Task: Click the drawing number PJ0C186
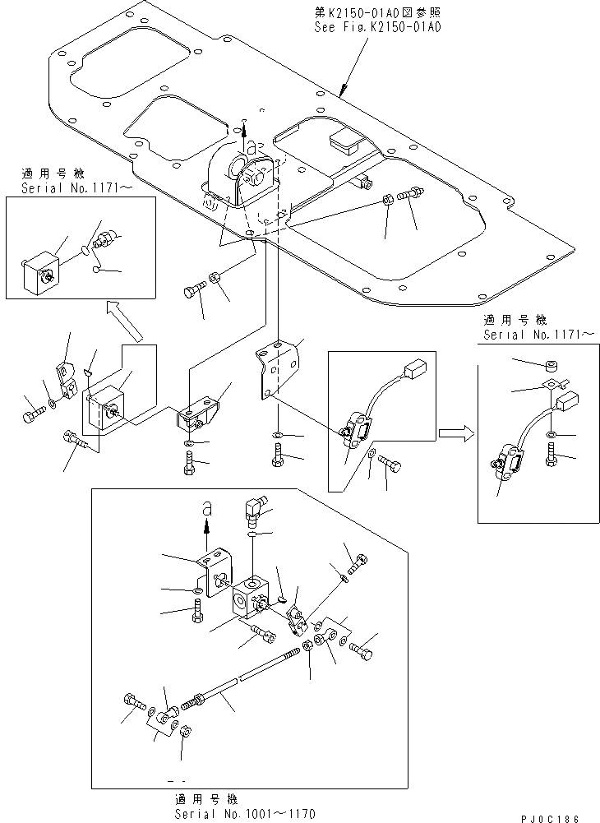tap(550, 816)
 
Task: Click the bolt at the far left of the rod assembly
tap(131, 700)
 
